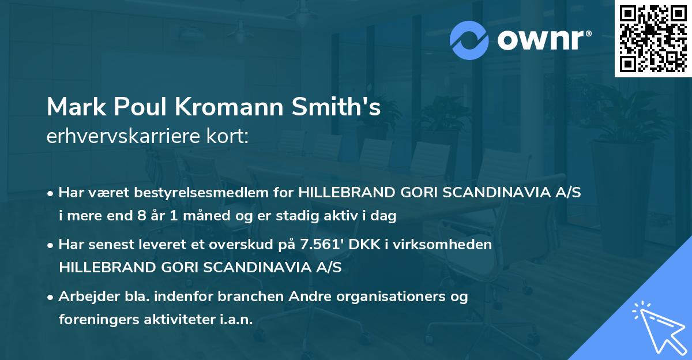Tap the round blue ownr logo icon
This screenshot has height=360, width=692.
[x=469, y=39]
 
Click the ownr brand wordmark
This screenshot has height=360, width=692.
[x=544, y=39]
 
